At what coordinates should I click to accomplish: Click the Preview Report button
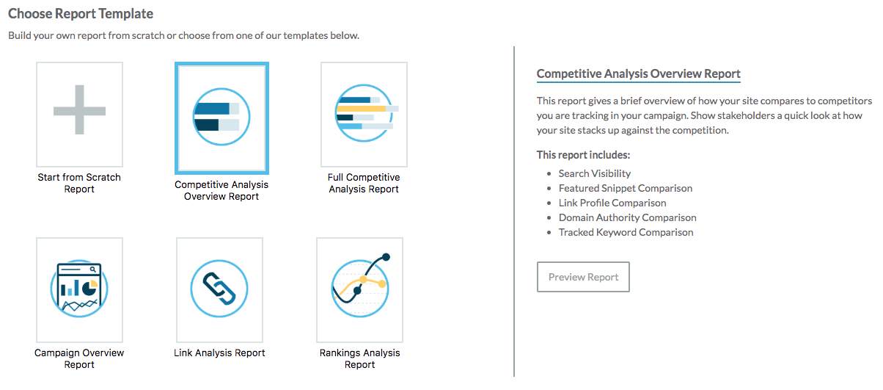(583, 277)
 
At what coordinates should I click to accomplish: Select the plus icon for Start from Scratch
(80, 110)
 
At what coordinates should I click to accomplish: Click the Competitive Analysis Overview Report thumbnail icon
(221, 117)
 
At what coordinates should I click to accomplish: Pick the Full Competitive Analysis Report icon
(366, 113)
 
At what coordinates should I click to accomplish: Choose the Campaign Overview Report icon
(79, 288)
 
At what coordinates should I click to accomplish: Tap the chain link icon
(219, 289)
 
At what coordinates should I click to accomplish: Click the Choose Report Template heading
(81, 13)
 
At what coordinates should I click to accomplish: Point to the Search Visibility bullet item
(595, 173)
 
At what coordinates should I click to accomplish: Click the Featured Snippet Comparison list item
(625, 188)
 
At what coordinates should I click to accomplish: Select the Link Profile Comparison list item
(612, 203)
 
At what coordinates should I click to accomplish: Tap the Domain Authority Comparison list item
(627, 217)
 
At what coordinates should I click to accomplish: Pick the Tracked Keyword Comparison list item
(626, 232)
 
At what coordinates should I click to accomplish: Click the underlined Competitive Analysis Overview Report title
(638, 74)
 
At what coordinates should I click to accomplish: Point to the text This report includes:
(583, 155)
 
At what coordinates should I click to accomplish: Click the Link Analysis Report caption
(219, 353)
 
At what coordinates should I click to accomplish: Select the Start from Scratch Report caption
(79, 183)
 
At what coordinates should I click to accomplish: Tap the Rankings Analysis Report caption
(359, 358)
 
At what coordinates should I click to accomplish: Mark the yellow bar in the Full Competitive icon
(367, 108)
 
